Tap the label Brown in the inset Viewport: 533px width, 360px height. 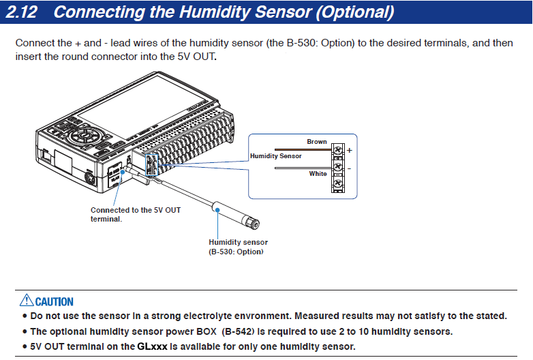316,142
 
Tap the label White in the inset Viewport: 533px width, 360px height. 318,174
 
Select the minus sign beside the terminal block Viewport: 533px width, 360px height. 350,167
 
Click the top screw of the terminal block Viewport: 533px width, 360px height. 337,148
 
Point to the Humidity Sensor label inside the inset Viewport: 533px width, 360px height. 275,156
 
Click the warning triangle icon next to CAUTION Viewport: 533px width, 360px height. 26,300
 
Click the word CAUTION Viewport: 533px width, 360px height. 55,301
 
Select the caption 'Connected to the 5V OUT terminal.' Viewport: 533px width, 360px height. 135,215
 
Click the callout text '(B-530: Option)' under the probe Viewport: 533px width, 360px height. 236,252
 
